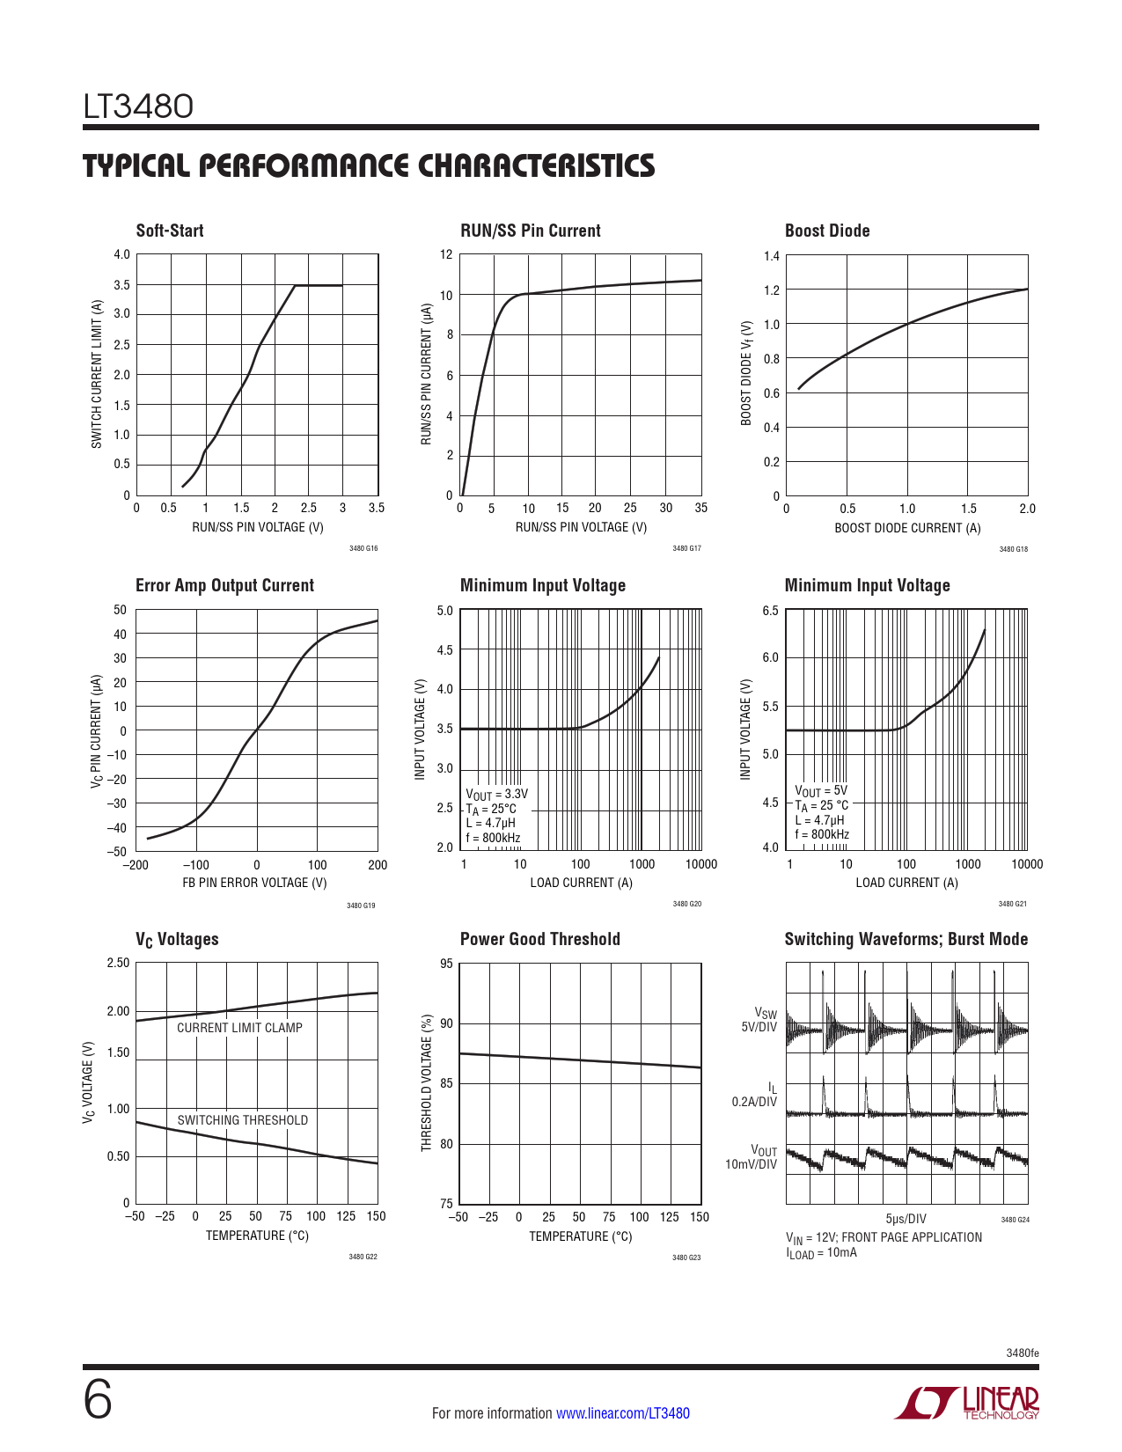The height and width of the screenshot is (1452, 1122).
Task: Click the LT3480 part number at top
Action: [138, 106]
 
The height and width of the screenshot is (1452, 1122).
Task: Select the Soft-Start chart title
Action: [170, 231]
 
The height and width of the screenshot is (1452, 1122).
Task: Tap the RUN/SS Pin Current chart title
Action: [530, 231]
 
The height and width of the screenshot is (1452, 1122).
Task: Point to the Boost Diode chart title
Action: [827, 231]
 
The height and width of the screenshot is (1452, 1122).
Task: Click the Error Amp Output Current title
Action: [224, 586]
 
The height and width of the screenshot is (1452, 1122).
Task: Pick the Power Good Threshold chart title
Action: [539, 939]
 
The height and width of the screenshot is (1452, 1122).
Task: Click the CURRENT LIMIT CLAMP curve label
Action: [239, 1028]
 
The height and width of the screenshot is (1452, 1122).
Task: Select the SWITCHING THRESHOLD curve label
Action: [243, 1120]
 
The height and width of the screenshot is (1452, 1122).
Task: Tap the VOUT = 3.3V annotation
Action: [496, 794]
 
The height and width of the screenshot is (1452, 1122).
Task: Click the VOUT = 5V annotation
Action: [821, 791]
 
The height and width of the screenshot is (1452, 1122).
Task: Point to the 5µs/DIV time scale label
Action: [906, 1219]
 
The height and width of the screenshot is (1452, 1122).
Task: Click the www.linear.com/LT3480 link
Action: [623, 1413]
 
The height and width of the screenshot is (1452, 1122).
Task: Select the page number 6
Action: [98, 1400]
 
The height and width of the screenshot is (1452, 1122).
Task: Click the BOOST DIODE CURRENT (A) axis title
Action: [907, 528]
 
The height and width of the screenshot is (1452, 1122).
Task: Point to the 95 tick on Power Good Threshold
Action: [446, 964]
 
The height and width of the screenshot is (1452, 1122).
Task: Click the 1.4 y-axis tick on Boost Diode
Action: [771, 256]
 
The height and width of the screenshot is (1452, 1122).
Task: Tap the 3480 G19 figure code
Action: [361, 906]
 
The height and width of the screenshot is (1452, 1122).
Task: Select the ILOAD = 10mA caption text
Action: [821, 1253]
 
